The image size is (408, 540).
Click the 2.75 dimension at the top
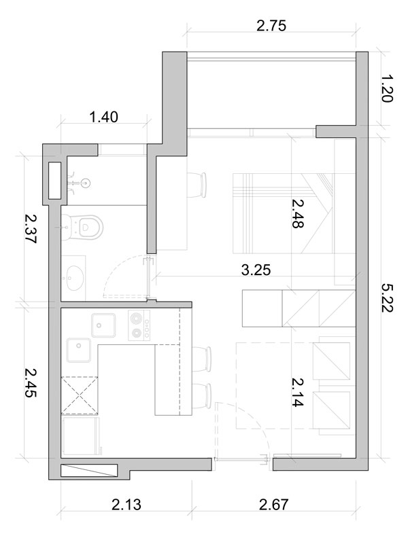tap(271, 26)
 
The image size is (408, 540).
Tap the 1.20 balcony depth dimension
tap(387, 89)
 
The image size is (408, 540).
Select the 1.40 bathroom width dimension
tap(103, 117)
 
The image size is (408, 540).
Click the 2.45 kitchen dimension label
tap(31, 383)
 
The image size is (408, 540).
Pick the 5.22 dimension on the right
tap(387, 298)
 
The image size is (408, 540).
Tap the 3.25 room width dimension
tap(256, 270)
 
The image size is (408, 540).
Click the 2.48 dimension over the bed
tap(297, 213)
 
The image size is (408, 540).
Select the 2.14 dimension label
tap(297, 392)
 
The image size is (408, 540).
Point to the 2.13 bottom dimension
tap(126, 505)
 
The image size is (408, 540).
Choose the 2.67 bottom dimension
tap(273, 505)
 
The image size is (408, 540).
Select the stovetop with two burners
tap(139, 325)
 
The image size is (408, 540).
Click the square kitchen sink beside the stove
tap(103, 325)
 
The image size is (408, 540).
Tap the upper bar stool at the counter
tap(201, 359)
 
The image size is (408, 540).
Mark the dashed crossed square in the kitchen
tap(80, 395)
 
